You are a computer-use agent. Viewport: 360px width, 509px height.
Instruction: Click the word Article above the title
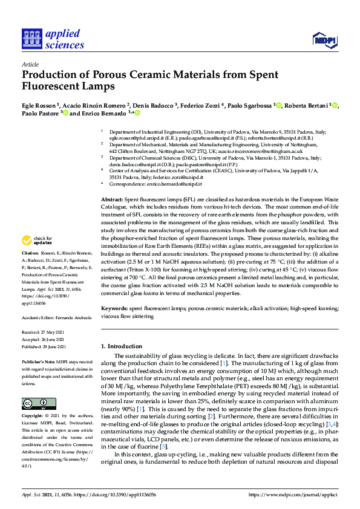(30, 65)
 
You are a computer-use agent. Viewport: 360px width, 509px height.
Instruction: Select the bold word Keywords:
(114, 308)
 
